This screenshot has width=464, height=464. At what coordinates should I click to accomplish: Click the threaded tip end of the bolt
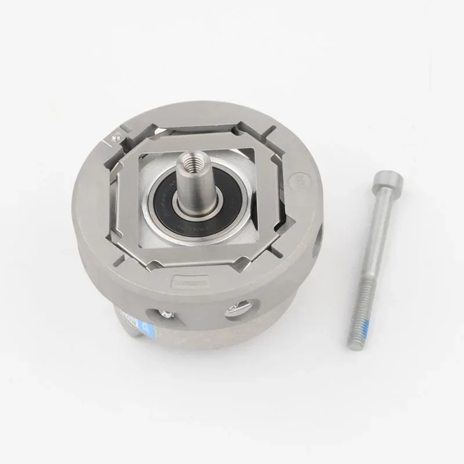click(x=352, y=345)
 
